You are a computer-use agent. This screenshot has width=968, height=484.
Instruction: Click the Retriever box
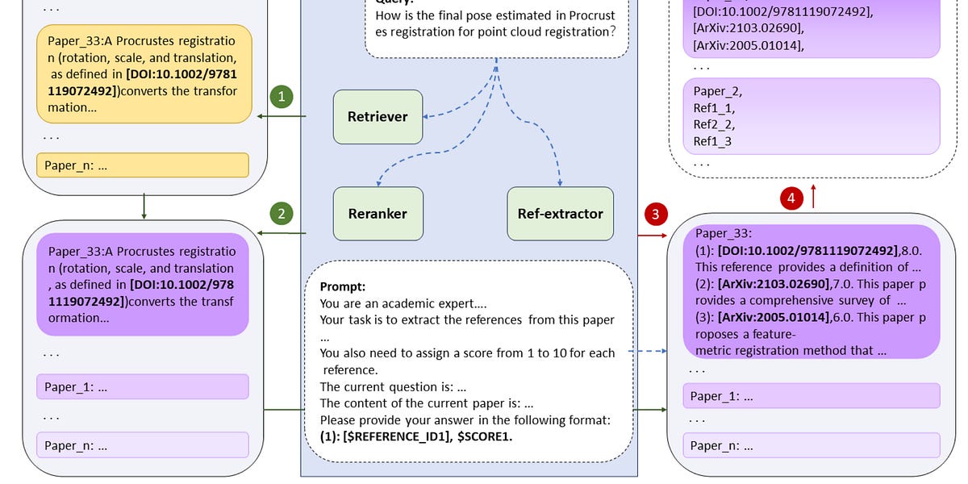378,117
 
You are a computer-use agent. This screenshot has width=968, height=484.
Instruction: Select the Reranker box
378,214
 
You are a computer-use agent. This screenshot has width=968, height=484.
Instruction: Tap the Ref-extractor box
560,214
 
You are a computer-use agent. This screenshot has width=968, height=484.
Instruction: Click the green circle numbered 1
281,97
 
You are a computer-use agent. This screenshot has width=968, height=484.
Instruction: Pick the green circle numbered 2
281,214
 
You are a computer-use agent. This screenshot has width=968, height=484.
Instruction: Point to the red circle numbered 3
655,214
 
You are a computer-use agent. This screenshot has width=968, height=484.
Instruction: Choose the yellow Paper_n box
143,165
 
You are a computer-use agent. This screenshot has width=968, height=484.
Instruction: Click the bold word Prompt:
343,286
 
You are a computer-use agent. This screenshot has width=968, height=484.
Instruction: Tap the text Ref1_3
714,142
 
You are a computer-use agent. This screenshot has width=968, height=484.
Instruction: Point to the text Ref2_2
714,125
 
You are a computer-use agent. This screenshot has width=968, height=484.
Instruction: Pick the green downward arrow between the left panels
144,207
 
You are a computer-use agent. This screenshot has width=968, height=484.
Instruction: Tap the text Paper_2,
718,91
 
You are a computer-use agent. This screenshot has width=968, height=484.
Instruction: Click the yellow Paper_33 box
143,73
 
